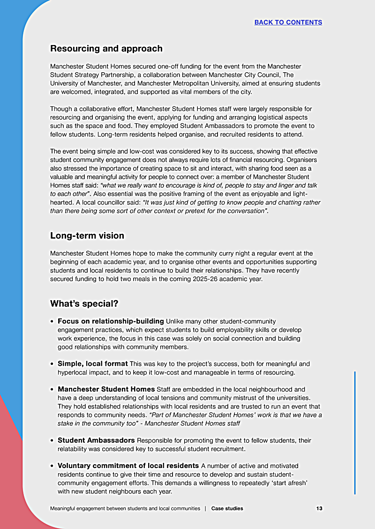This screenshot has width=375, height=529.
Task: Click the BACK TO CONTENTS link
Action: pos(288,22)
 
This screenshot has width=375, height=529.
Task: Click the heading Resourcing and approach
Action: pos(106,48)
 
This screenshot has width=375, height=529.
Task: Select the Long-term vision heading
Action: pos(87,235)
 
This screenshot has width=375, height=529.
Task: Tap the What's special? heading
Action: pos(84,303)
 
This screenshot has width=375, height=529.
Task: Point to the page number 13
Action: pos(319,508)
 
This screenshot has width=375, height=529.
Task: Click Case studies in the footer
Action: pos(227,508)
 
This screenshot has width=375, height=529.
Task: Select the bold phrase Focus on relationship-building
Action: pos(111,321)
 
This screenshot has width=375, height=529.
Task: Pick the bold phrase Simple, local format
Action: pos(92,363)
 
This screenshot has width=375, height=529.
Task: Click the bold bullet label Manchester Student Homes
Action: pos(106,389)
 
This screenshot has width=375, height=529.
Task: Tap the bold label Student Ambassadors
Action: pos(96,440)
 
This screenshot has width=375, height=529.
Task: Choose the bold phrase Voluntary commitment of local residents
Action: pos(128,466)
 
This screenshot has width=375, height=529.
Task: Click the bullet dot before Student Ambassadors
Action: pos(52,441)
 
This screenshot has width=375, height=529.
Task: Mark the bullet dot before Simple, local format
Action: pos(52,364)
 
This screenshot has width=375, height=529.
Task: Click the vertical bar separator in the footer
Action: pos(205,508)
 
